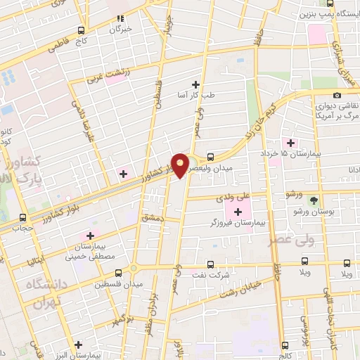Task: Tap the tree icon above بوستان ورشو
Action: click(323, 200)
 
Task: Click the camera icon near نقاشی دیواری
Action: click(337, 95)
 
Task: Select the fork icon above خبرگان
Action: click(120, 18)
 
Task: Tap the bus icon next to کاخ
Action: click(82, 31)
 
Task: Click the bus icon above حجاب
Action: click(22, 217)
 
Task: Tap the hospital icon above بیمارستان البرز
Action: click(79, 345)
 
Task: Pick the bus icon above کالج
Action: click(286, 344)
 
